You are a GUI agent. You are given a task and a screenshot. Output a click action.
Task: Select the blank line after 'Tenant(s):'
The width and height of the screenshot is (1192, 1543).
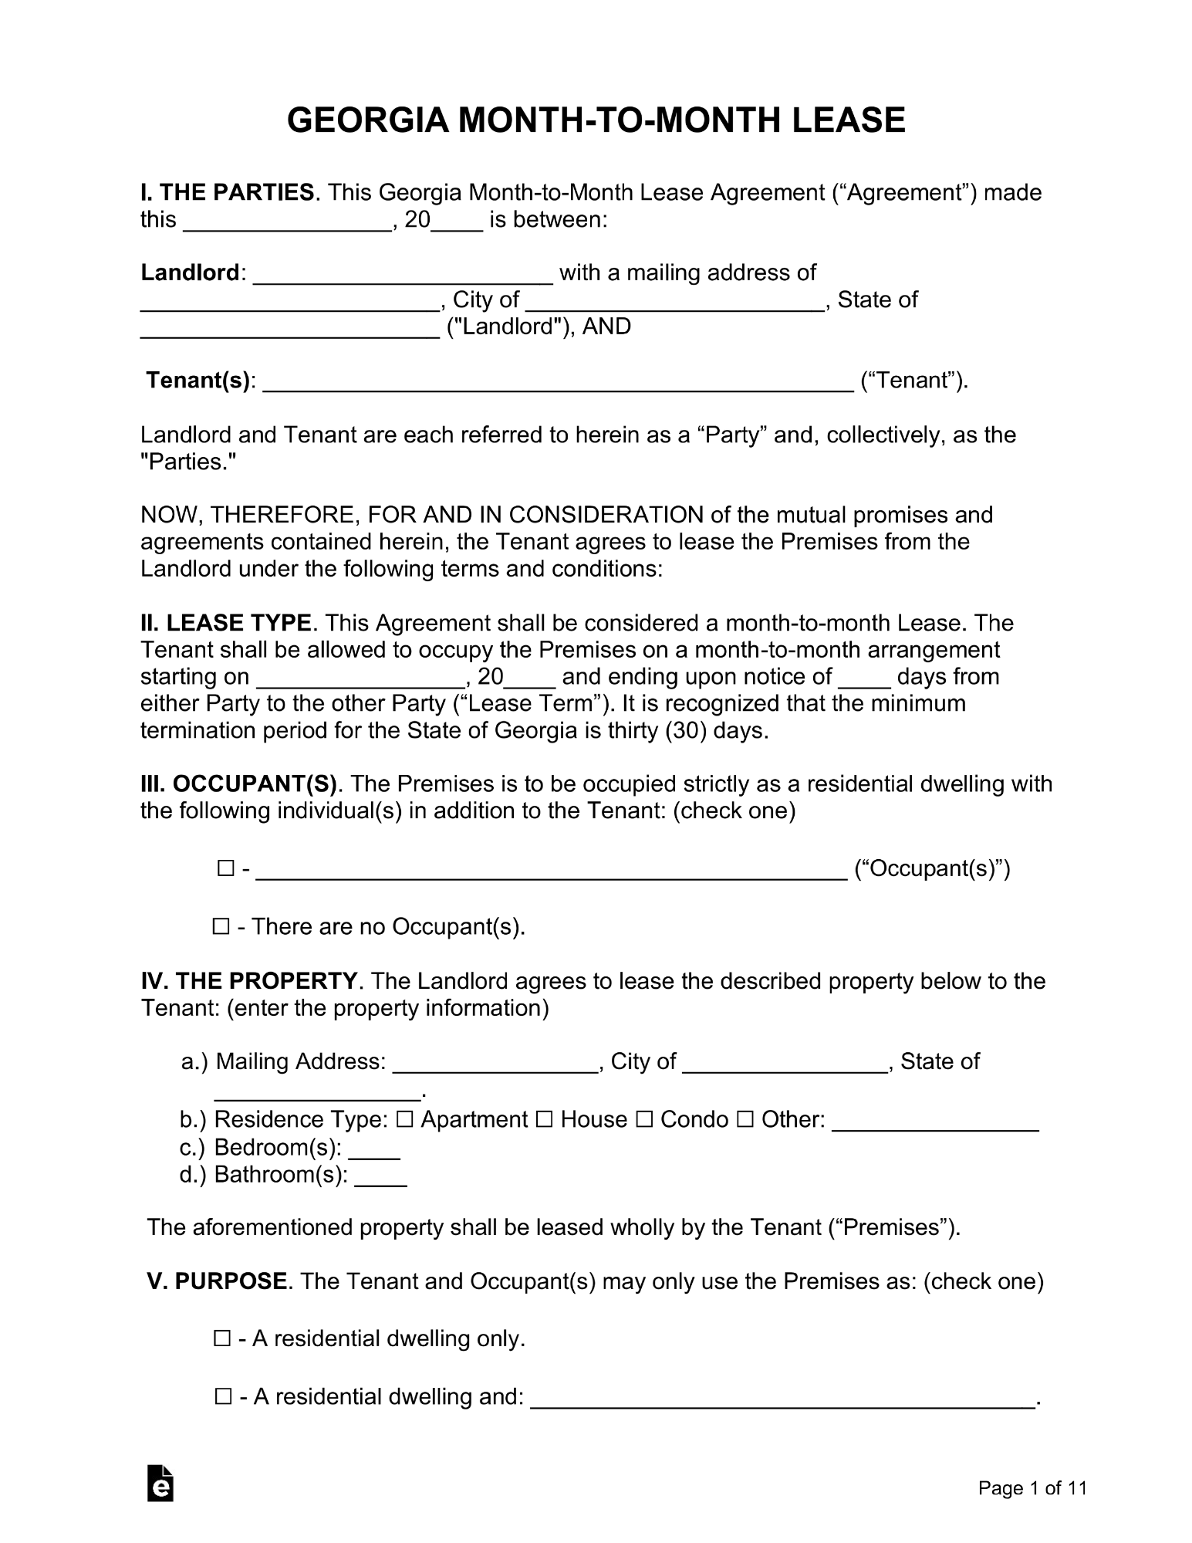559,383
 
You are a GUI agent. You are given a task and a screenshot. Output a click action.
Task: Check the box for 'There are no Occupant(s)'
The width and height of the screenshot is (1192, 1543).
221,926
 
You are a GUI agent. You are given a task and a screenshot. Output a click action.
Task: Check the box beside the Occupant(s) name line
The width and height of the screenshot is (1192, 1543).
225,869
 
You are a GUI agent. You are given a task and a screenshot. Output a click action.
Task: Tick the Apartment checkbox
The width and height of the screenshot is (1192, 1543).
405,1119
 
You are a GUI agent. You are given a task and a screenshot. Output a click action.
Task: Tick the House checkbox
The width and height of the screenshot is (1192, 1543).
544,1119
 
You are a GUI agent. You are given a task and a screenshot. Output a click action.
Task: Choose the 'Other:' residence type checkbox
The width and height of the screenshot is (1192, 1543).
745,1119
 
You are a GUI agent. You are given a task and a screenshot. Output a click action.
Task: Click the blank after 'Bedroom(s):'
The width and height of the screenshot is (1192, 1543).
374,1149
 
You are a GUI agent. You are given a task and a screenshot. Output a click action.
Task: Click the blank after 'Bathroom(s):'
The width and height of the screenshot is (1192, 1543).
380,1176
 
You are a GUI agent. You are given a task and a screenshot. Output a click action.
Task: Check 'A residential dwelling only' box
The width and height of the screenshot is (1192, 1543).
222,1338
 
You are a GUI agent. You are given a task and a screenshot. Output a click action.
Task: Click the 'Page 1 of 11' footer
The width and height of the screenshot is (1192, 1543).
1032,1487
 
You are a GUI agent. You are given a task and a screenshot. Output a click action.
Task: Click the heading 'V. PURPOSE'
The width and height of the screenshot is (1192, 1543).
218,1281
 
